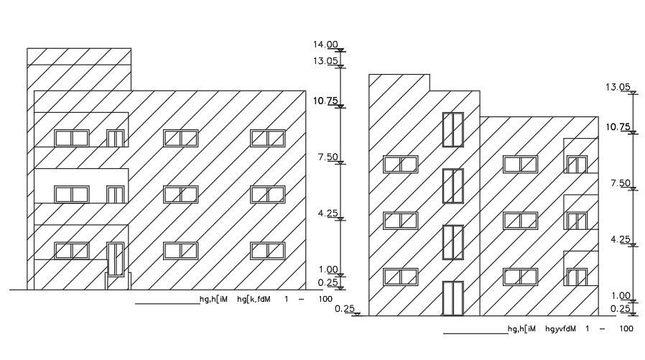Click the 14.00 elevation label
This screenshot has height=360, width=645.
click(325, 45)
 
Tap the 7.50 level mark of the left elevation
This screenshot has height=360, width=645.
click(328, 157)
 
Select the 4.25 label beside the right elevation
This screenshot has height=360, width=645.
click(620, 240)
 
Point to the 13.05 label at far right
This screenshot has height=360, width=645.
click(618, 87)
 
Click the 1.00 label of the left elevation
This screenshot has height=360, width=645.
click(328, 269)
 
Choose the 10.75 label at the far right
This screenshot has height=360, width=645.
click(618, 127)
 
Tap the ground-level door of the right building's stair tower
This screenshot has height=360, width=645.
click(453, 297)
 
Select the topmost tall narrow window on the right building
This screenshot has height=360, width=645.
click(453, 129)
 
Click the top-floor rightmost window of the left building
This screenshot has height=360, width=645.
click(267, 137)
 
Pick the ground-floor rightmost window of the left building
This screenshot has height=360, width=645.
click(267, 250)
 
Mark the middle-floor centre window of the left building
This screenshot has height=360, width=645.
click(180, 194)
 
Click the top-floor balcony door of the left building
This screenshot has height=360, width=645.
click(115, 138)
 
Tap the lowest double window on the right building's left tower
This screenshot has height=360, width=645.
click(400, 277)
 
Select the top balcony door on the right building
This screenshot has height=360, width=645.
click(577, 165)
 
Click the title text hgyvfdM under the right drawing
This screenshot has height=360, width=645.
click(561, 329)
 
